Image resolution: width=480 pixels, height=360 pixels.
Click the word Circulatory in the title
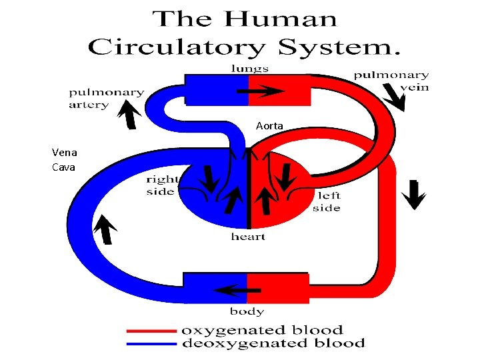point(175,48)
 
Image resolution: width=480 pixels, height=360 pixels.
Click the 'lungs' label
point(250,68)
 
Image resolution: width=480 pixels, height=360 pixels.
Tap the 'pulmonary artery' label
point(106,99)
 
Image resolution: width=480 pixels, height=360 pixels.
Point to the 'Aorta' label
point(269,126)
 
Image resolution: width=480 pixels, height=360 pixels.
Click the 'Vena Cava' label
point(64,160)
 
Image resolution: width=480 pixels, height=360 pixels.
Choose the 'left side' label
point(327,201)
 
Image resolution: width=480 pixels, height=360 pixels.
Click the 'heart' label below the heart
point(248,237)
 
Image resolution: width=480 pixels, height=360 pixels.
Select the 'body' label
point(247,311)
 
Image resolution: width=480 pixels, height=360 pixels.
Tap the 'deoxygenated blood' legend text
point(273,344)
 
